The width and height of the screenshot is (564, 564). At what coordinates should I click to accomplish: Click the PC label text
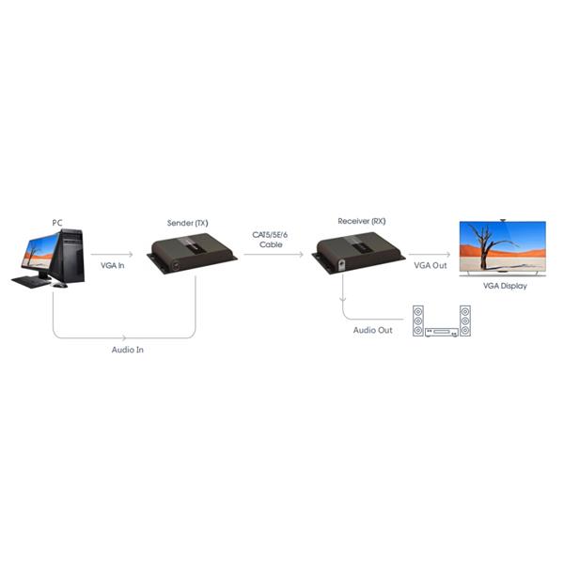[57, 223]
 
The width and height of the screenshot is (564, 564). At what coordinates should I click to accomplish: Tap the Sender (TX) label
[188, 223]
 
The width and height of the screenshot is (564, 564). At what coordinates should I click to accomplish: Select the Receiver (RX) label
[362, 221]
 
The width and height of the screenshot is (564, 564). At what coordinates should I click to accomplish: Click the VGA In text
[113, 265]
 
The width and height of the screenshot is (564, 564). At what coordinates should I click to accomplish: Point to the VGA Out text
[431, 265]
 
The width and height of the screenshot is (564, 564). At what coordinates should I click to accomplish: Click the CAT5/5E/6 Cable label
[270, 240]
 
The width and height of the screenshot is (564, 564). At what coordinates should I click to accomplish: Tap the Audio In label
[127, 350]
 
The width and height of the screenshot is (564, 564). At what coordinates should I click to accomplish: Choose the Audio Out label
[372, 330]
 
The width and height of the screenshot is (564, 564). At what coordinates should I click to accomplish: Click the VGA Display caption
[505, 286]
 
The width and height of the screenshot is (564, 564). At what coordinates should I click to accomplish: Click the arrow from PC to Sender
[112, 255]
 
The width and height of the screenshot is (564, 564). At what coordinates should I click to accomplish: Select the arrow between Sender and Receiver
[274, 255]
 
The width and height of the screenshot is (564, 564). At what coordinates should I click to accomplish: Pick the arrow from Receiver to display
[430, 255]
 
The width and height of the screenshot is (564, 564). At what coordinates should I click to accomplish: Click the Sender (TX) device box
[192, 253]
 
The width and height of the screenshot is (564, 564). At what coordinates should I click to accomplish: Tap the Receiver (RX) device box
[358, 253]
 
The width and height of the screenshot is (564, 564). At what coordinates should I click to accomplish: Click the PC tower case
[70, 256]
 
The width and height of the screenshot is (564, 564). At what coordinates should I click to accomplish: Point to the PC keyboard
[31, 282]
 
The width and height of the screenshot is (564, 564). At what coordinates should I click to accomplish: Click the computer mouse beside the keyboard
[60, 285]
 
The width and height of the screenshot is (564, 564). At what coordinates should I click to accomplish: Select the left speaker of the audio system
[418, 321]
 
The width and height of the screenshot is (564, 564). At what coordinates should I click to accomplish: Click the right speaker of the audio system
[465, 321]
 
